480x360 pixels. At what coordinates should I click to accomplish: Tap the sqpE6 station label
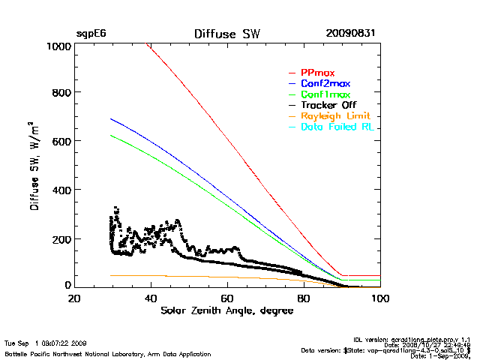pyautogui.click(x=89, y=34)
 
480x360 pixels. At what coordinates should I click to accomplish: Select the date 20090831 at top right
pyautogui.click(x=350, y=34)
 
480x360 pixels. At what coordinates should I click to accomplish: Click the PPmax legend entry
pyautogui.click(x=317, y=72)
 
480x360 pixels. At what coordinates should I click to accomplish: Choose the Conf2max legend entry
pyautogui.click(x=325, y=83)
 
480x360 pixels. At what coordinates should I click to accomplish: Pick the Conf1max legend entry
pyautogui.click(x=325, y=94)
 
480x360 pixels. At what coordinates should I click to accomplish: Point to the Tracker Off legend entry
pyautogui.click(x=327, y=105)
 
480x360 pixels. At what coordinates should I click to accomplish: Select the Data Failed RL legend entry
pyautogui.click(x=338, y=127)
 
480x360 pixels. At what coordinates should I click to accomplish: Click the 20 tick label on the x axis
pyautogui.click(x=74, y=298)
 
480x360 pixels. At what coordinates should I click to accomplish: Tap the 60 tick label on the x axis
pyautogui.click(x=227, y=298)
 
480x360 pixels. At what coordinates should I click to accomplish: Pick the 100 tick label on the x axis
pyautogui.click(x=380, y=298)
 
